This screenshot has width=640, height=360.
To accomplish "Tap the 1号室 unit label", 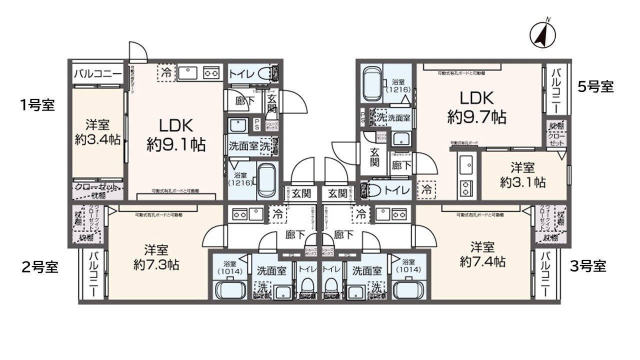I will point(37,105).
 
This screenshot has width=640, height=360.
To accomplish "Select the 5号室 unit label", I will point(595,86).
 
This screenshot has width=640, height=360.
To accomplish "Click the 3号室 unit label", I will point(588,266).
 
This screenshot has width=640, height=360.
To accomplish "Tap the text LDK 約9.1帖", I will point(175,134).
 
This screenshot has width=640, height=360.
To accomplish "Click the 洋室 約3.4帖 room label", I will point(97,132).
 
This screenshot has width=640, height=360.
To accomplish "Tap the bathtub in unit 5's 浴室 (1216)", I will point(371,83).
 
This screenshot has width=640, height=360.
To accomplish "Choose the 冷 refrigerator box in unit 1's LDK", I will point(166,73).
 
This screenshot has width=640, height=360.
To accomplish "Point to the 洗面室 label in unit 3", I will point(366,270).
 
